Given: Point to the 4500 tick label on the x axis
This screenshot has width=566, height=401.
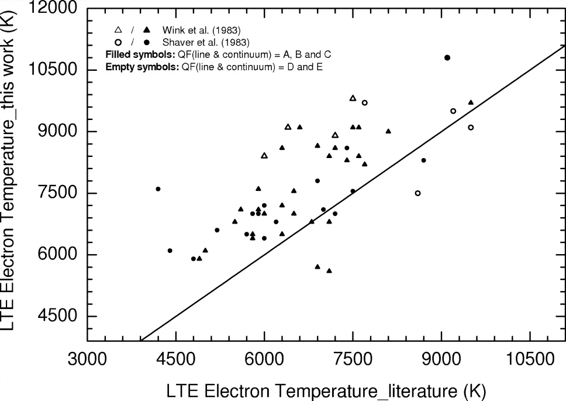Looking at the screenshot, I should (175, 359).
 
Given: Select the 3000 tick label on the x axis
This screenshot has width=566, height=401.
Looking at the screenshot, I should (87, 359).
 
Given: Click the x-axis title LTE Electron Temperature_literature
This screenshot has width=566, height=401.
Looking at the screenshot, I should (326, 390).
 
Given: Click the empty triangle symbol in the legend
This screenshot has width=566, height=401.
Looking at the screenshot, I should (118, 30).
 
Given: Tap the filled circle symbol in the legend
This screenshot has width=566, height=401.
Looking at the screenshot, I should (148, 42).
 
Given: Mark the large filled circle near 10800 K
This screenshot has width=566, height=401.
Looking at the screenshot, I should (447, 57).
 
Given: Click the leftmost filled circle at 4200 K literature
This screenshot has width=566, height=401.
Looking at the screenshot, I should (158, 189).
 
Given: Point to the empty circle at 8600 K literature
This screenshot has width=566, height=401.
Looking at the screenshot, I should (417, 193).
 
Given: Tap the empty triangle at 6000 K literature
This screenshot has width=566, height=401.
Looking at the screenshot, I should (264, 156).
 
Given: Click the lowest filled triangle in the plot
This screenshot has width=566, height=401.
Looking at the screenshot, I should (329, 270).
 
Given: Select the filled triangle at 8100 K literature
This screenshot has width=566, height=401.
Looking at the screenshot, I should (388, 131).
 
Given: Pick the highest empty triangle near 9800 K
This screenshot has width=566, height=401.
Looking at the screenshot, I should (353, 98).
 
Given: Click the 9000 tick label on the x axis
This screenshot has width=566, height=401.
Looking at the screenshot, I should (441, 359).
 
